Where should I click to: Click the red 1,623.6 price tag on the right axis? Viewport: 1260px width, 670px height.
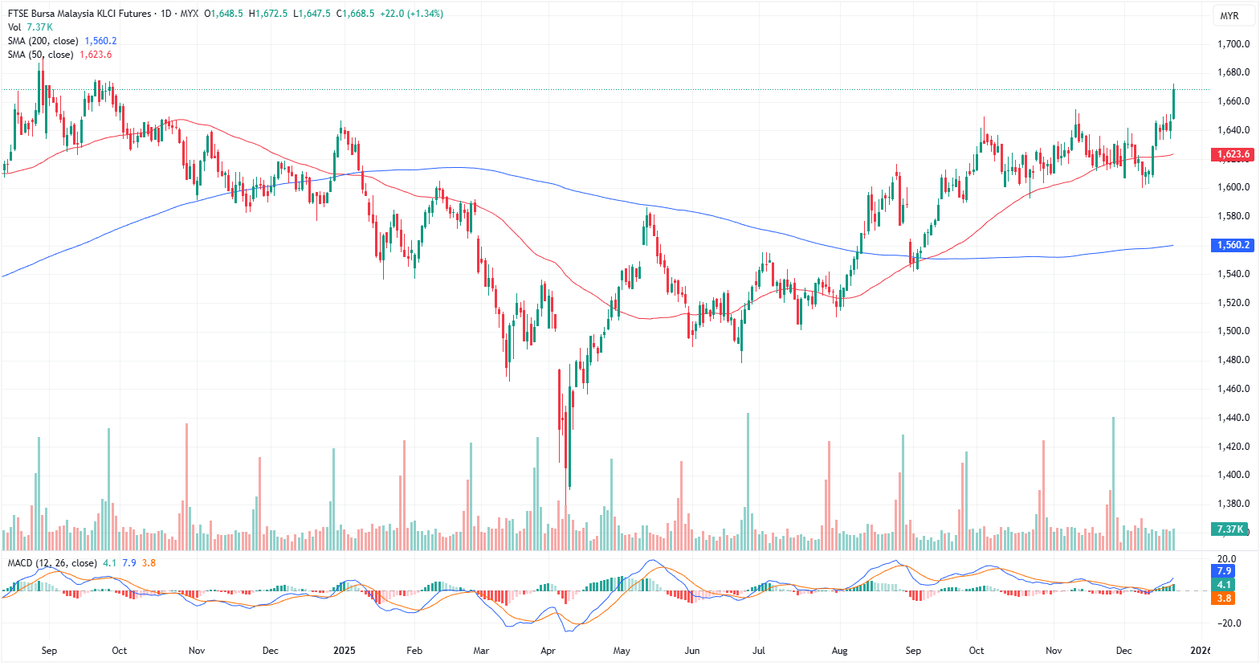[x=1232, y=154]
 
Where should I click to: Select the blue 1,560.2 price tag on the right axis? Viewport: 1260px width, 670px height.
[x=1232, y=245]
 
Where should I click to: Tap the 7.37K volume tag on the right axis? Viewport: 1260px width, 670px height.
[x=1229, y=529]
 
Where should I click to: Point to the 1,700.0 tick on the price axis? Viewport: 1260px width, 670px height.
[x=1233, y=44]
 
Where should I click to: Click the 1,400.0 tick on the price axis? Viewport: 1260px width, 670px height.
[x=1233, y=475]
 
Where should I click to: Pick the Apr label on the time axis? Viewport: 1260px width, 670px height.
[x=548, y=651]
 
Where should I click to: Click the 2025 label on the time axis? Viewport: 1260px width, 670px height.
[x=344, y=651]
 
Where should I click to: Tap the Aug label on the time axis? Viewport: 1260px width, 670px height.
[x=839, y=651]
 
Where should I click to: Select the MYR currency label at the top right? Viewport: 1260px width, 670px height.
[x=1229, y=16]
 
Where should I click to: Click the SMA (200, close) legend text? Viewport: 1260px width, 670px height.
[x=43, y=41]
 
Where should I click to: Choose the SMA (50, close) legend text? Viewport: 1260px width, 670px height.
[x=40, y=55]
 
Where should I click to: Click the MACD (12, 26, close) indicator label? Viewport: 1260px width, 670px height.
[x=52, y=563]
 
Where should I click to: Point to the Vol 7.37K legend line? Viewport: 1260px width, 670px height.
[x=31, y=27]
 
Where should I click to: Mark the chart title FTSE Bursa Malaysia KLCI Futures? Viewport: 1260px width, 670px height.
[x=80, y=14]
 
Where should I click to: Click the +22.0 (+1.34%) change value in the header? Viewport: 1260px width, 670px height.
[x=411, y=14]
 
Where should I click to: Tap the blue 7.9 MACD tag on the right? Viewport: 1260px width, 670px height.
[x=1224, y=571]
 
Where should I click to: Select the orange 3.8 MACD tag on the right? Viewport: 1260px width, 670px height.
[x=1224, y=598]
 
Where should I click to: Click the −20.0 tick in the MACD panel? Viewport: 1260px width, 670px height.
[x=1228, y=623]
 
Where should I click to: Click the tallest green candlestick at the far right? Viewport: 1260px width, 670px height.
[x=1173, y=104]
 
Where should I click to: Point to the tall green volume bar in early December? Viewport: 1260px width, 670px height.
[x=1113, y=482]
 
